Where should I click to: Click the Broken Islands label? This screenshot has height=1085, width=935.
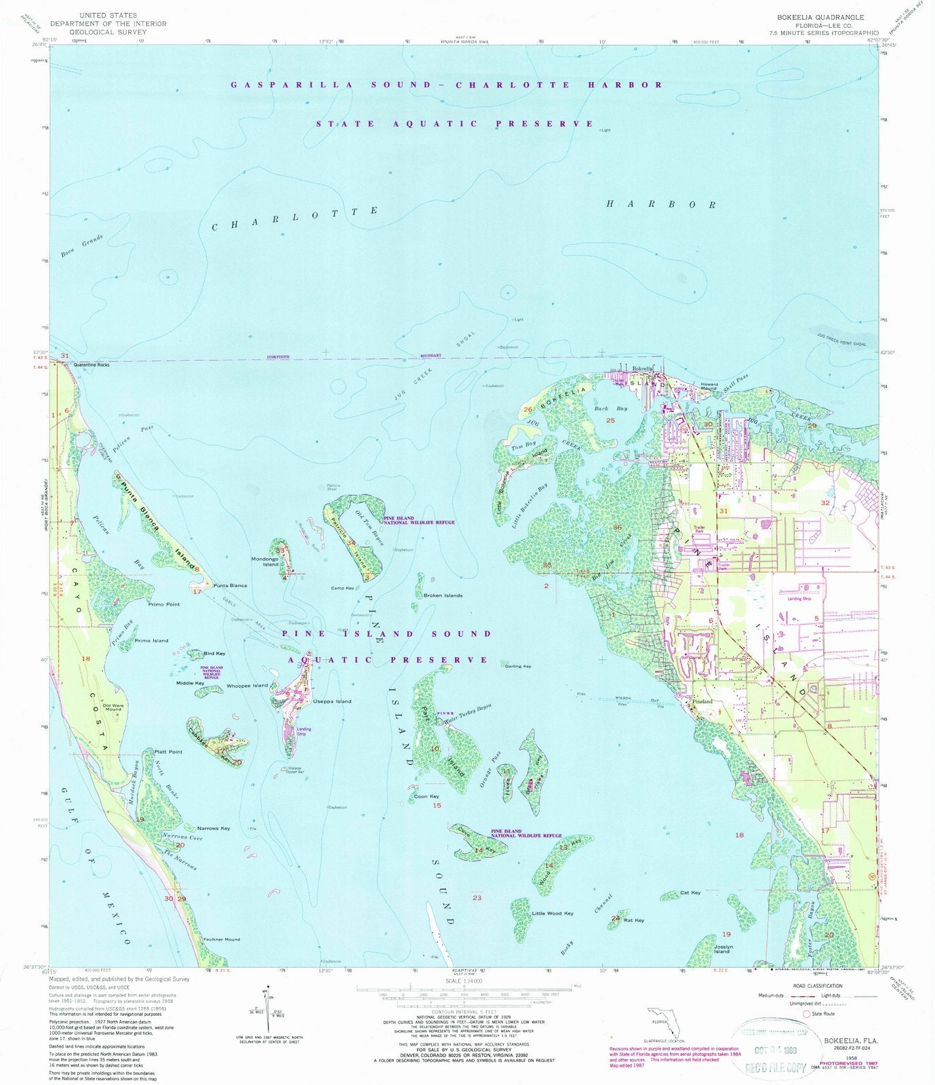tap(443, 595)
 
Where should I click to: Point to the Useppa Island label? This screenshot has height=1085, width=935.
tap(332, 701)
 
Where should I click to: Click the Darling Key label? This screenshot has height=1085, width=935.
tap(518, 666)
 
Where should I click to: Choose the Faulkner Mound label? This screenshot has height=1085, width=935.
tap(222, 939)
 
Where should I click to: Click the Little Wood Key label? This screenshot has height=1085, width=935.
tap(553, 913)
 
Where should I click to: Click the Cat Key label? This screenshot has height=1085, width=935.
tap(690, 892)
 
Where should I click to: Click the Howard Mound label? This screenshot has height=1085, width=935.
tap(709, 387)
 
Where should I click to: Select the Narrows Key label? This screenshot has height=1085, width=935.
tap(213, 828)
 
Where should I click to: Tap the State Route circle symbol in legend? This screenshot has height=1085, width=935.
tap(807, 1014)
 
